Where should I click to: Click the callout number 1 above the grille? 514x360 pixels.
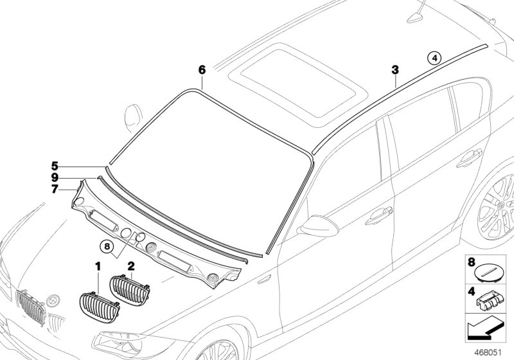(x=98, y=265)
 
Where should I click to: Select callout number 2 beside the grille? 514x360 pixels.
(x=131, y=265)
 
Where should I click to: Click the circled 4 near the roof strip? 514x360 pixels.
(x=435, y=59)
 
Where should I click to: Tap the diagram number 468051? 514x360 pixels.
(x=490, y=351)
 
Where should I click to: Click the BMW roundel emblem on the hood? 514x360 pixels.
(x=55, y=300)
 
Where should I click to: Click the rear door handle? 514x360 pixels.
(x=469, y=156)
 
